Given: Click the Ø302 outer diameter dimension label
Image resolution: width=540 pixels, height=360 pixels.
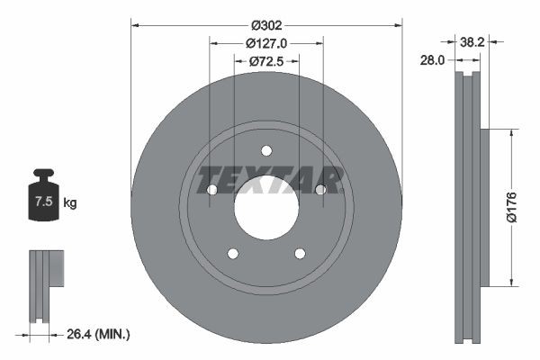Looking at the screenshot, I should (266, 25).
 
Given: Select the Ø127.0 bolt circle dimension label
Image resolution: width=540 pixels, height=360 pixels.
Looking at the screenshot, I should (266, 42).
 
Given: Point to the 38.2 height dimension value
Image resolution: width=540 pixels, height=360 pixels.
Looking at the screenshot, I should (474, 41).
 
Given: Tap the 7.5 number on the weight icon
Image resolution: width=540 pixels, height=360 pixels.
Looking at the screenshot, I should (42, 203).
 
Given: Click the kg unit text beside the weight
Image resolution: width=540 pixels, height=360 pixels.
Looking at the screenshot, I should (70, 203).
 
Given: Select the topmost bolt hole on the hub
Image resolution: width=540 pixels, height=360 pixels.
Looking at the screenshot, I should (266, 151).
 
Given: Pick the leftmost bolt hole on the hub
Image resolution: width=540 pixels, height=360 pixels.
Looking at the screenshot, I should (211, 190).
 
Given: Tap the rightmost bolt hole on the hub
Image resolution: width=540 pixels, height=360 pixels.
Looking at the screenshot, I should (320, 190).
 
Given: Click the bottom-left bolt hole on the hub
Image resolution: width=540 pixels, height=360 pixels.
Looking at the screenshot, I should (232, 254).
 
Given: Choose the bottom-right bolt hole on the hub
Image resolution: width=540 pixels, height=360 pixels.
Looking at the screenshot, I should (300, 254).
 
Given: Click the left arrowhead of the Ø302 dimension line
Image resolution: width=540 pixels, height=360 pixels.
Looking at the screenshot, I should (135, 25).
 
